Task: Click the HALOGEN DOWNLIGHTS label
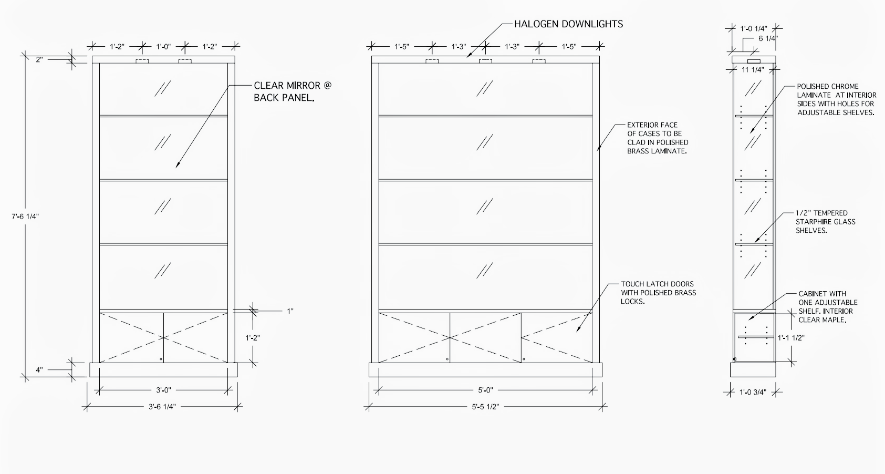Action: point(568,24)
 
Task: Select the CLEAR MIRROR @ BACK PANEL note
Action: point(293,91)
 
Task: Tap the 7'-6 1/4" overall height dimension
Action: point(26,215)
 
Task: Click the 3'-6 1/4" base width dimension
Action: point(162,406)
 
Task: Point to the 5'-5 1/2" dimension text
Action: point(485,406)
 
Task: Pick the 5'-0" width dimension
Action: point(484,390)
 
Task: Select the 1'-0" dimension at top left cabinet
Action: point(163,47)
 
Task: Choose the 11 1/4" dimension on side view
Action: point(752,69)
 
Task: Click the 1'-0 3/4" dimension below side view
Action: point(753,391)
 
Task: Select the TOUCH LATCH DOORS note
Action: point(658,293)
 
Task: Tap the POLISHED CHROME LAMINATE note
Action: point(835,99)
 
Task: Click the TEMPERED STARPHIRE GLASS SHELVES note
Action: point(825,221)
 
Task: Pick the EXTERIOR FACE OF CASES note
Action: point(657,138)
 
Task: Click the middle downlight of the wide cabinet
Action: point(485,62)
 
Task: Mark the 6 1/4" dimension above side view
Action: point(767,38)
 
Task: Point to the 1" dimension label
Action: point(290,311)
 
